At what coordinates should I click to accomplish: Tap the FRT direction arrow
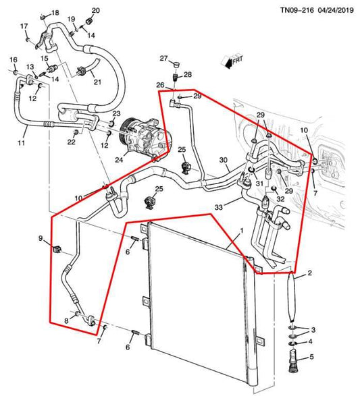coord(233,63)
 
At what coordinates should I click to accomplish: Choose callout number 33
coord(219,206)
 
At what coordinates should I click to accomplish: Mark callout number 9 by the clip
coord(40,239)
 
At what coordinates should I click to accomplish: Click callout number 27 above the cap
coord(163,59)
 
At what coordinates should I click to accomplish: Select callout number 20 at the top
coord(95,10)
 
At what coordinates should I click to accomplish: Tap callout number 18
coord(55,13)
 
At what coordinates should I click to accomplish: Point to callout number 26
coord(160,85)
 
